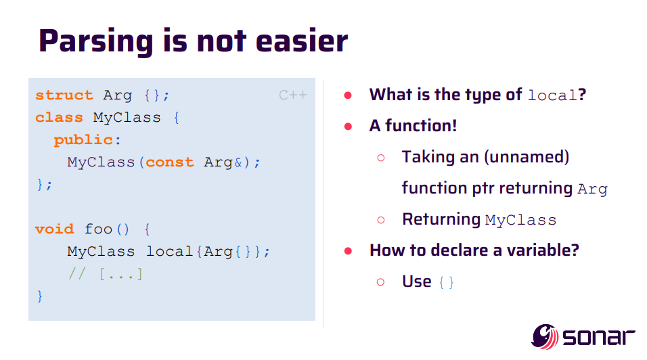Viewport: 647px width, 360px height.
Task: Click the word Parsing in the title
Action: click(x=95, y=41)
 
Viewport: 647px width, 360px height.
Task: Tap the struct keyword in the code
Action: click(x=64, y=95)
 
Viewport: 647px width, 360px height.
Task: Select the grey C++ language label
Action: click(x=293, y=95)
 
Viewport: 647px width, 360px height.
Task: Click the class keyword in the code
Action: click(x=59, y=118)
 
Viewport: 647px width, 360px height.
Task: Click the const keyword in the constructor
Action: click(x=169, y=162)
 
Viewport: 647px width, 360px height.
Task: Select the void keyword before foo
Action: click(x=54, y=229)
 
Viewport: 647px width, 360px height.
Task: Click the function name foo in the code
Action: click(x=98, y=229)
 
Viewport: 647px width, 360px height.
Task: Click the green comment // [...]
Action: click(x=105, y=273)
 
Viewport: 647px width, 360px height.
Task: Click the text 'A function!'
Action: click(x=413, y=126)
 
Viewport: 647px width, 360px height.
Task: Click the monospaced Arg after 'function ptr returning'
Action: click(x=592, y=189)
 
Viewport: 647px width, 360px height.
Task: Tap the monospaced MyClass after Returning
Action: click(x=520, y=220)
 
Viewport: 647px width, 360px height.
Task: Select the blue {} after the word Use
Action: click(x=447, y=282)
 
